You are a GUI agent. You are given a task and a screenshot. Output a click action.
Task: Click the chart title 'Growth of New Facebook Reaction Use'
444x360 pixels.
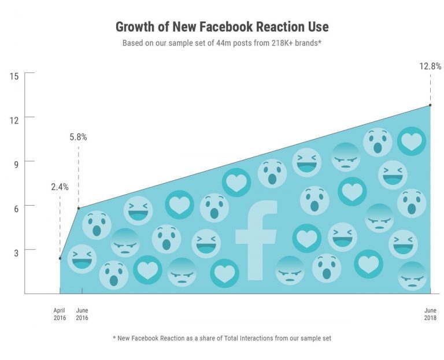pos(222,27)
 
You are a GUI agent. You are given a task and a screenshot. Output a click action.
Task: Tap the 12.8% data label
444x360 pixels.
pos(430,66)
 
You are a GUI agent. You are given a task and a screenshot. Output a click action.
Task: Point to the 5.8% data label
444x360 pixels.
pos(78,137)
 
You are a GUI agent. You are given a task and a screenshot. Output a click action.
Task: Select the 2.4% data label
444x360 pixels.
pos(60,187)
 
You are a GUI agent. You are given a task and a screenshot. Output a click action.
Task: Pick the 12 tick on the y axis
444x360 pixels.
pos(14,118)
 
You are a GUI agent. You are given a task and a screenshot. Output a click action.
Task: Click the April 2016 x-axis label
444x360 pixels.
pos(60,314)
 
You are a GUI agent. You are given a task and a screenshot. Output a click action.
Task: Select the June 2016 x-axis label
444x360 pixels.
pos(82,314)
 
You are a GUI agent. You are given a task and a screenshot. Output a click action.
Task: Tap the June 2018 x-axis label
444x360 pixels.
pos(430,314)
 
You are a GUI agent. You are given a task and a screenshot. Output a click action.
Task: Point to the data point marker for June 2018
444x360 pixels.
pos(430,105)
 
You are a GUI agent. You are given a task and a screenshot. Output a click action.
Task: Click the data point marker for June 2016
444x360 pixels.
pos(78,208)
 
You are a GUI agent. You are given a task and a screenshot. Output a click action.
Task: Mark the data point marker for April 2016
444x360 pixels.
pos(60,258)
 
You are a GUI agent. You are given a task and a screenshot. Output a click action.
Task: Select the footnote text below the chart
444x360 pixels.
pos(222,337)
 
